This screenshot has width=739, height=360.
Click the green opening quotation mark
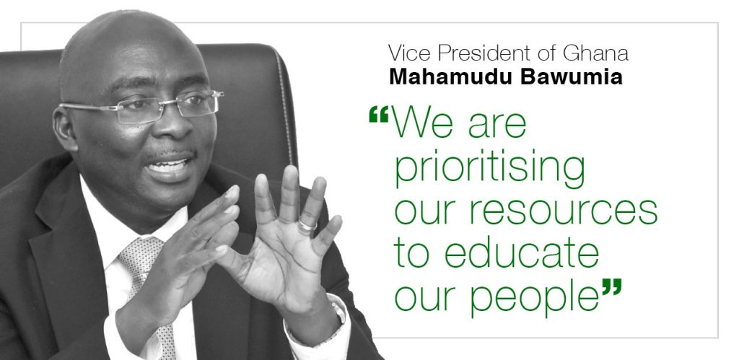click(x=378, y=114)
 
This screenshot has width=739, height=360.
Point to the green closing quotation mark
click(x=612, y=286)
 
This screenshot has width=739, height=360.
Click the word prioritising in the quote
click(x=490, y=170)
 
